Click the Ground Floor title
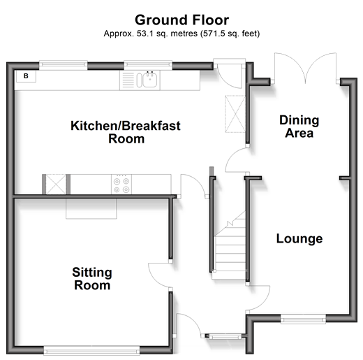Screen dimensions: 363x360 182,20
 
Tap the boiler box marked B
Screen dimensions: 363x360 26,76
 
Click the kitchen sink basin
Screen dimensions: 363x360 150,80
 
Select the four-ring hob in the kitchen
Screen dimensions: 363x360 121,185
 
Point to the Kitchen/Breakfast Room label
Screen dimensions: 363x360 126,132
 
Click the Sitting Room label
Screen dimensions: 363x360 92,279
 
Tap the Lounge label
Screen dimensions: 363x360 299,238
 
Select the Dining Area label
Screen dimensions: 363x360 299,127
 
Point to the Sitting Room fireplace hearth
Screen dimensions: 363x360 91,209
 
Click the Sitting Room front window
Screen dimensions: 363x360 91,350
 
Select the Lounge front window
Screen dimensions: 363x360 303,319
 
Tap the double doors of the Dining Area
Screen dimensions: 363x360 305,68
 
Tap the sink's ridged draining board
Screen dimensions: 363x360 128,80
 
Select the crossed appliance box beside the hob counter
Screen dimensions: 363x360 56,185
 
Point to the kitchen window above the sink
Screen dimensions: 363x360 148,65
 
